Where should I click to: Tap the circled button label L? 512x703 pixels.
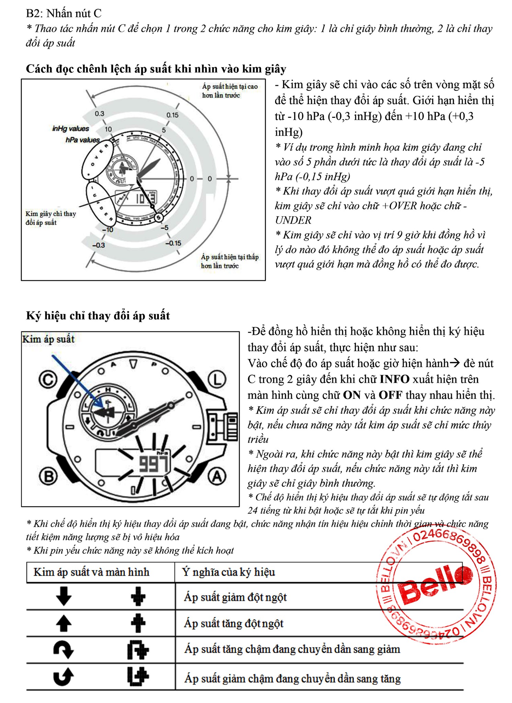click(217, 380)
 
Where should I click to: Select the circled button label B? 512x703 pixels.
click(48, 476)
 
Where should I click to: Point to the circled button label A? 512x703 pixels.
click(217, 476)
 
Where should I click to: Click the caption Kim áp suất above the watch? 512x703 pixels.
click(48, 339)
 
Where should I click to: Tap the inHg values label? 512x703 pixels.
click(70, 128)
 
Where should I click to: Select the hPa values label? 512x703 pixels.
click(82, 140)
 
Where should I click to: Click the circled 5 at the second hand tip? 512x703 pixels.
click(158, 217)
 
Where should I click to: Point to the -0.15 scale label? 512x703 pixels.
click(173, 243)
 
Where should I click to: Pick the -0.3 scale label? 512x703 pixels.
click(98, 245)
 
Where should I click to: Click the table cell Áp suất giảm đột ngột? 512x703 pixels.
click(235, 597)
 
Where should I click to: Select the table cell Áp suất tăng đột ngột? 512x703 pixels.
click(234, 623)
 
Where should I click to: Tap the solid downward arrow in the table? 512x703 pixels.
click(64, 596)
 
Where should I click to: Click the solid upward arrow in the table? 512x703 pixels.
click(64, 623)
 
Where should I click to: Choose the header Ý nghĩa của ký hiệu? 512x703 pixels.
click(228, 572)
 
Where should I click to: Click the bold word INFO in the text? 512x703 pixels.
click(394, 379)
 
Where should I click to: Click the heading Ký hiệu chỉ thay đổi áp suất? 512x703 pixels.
click(98, 315)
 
